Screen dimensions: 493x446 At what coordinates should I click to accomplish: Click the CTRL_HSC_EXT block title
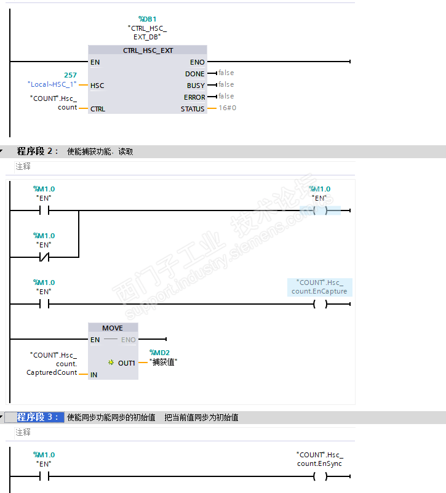(x=148, y=50)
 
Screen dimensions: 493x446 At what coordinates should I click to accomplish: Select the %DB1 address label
(x=147, y=19)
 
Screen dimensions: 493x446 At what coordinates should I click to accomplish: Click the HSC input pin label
(x=97, y=86)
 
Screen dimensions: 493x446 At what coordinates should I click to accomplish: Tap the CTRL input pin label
(x=98, y=109)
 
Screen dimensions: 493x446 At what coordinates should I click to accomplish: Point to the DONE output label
(x=196, y=74)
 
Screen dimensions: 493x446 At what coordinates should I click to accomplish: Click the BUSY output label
(x=196, y=86)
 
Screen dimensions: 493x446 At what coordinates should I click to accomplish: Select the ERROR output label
(x=194, y=97)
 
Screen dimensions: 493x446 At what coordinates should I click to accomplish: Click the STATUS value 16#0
(x=227, y=108)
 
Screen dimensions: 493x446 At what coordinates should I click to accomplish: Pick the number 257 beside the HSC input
(x=70, y=75)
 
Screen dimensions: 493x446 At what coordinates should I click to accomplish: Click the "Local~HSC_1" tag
(x=52, y=84)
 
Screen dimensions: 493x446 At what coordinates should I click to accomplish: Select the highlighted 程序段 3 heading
(x=39, y=417)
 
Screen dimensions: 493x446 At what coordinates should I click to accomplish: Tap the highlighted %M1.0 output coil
(x=320, y=210)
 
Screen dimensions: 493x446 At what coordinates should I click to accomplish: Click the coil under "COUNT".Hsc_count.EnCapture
(x=320, y=303)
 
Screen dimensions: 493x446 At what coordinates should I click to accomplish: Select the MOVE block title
(x=113, y=328)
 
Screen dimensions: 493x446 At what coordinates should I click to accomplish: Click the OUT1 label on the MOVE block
(x=127, y=363)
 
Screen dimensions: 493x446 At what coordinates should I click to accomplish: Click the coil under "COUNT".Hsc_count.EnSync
(x=320, y=476)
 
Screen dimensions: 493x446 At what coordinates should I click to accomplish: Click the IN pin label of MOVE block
(x=94, y=374)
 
